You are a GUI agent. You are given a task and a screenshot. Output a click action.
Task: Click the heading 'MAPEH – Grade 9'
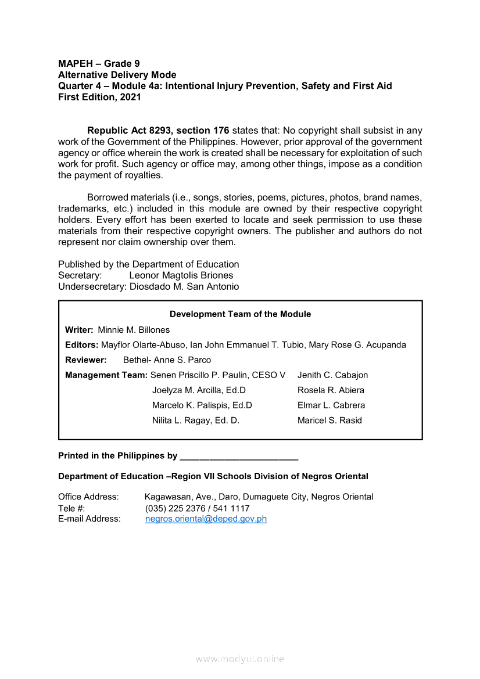point(99,63)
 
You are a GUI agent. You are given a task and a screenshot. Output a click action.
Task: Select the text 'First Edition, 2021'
point(99,97)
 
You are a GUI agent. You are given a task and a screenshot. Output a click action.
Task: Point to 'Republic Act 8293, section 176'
point(158,131)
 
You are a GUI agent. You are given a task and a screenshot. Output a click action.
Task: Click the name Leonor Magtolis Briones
point(181,275)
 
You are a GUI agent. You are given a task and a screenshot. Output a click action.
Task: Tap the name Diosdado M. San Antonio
point(184,286)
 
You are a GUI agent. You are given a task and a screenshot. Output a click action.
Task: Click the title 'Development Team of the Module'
point(240,314)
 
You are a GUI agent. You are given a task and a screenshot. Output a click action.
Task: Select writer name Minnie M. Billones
point(134,330)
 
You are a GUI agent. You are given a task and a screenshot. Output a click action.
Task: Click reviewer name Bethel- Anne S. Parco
point(167,360)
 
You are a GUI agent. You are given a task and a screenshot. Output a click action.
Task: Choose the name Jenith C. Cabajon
point(332,375)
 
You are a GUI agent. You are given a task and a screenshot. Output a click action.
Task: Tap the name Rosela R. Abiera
point(331,390)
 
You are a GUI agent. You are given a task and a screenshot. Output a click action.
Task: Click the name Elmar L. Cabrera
point(331,405)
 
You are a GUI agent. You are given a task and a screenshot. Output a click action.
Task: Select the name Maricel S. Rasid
point(329,421)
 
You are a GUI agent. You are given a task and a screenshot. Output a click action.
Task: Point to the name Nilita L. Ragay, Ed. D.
point(196,421)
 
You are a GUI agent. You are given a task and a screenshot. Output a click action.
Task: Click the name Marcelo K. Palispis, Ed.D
point(202,405)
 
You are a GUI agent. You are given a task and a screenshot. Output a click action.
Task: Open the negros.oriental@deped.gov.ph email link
point(206,519)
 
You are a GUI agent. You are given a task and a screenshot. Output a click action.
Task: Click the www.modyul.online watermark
point(240,659)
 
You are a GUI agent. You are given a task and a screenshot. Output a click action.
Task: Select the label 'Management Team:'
point(106,375)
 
